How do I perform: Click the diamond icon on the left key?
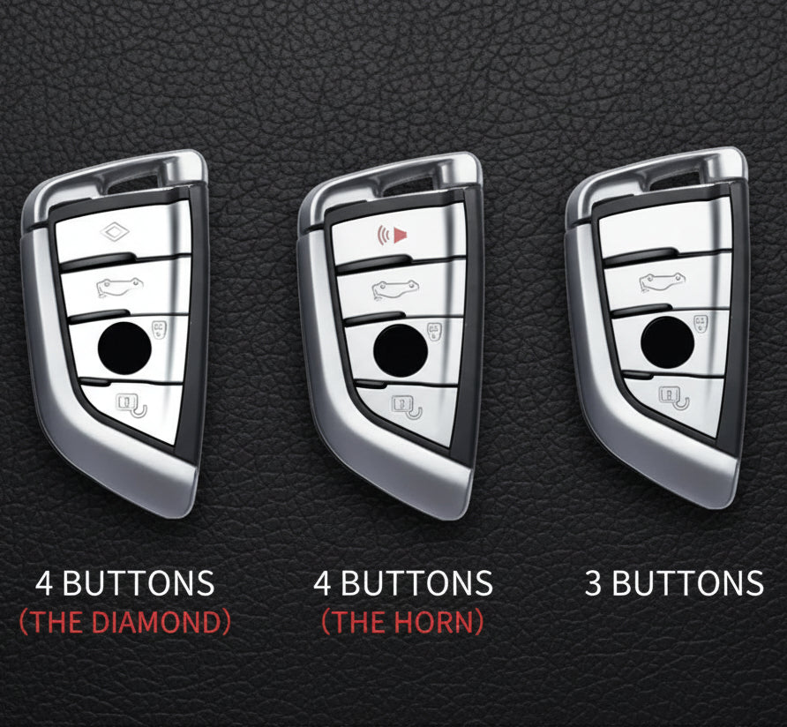tap(116, 232)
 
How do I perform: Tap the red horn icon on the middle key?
tap(393, 235)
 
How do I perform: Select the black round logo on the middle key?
tap(400, 347)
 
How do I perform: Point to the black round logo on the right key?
tap(667, 339)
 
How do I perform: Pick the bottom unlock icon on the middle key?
tap(406, 406)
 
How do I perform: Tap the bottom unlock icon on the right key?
tap(674, 397)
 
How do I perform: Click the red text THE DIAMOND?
tap(124, 622)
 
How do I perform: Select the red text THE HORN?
tap(402, 622)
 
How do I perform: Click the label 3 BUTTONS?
tap(674, 583)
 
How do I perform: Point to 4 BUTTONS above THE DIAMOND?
tap(124, 583)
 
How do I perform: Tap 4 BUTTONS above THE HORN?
tap(402, 583)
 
